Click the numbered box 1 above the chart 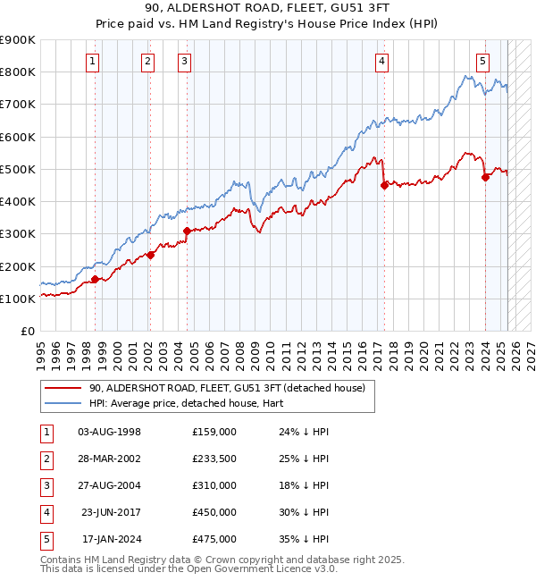[94, 62]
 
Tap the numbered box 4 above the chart [381, 62]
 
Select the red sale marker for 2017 [384, 186]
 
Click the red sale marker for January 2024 [485, 177]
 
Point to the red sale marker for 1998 [95, 280]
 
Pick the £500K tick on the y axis [18, 169]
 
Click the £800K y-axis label [18, 72]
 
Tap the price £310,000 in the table [214, 485]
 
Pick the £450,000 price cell [214, 512]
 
